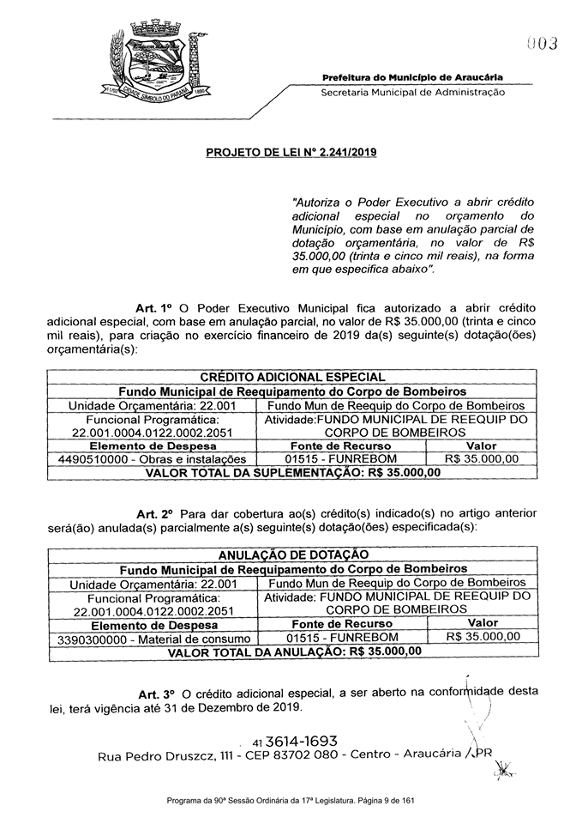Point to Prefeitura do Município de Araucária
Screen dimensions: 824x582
(x=413, y=77)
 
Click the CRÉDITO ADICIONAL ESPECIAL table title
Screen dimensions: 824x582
(x=291, y=376)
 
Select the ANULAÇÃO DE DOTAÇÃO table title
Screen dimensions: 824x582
(x=293, y=554)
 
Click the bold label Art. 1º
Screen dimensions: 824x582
(x=155, y=307)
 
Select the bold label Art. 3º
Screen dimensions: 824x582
(x=156, y=693)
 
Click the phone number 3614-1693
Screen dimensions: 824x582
(x=302, y=741)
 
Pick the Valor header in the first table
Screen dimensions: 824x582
(x=481, y=446)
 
